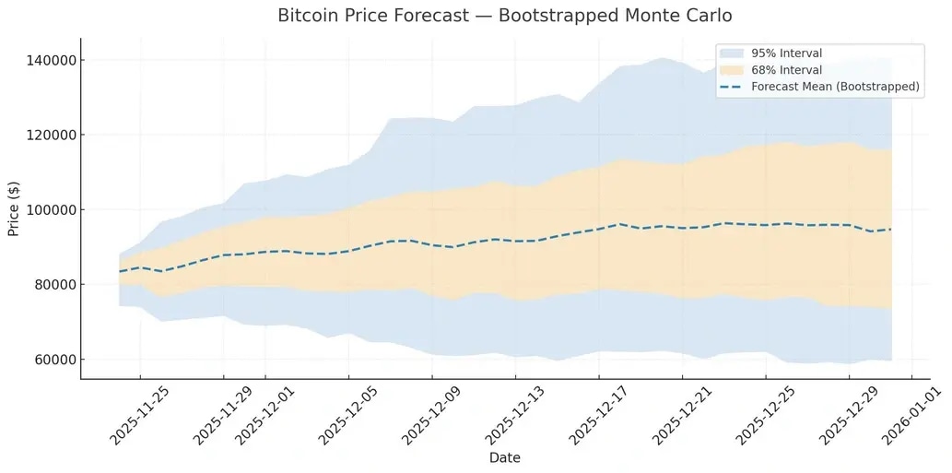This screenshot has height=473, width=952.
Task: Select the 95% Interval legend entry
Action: pyautogui.click(x=786, y=53)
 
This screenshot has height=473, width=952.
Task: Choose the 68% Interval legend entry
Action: pyautogui.click(x=786, y=70)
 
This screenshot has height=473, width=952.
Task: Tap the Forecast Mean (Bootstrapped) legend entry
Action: pyautogui.click(x=835, y=87)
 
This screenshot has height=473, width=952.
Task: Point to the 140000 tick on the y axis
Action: pyautogui.click(x=50, y=60)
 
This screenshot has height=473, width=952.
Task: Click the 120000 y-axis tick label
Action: pyautogui.click(x=50, y=135)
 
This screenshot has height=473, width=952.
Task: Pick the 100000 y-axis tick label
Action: pyautogui.click(x=50, y=209)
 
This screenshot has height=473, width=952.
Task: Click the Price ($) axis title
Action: pyautogui.click(x=15, y=208)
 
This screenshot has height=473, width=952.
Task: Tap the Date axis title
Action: pyautogui.click(x=504, y=457)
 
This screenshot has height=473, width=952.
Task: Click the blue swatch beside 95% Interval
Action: pyautogui.click(x=733, y=53)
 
